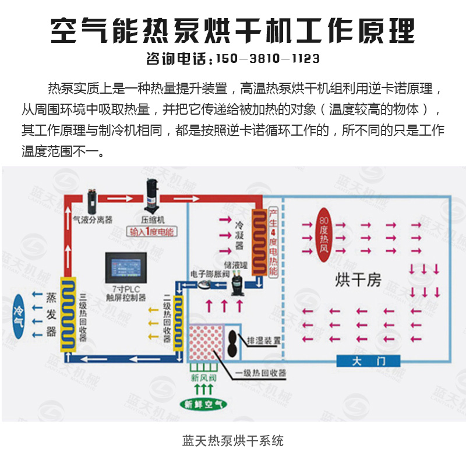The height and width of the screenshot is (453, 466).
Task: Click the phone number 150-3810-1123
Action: click(x=267, y=59)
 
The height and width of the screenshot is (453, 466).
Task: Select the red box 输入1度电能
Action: click(x=153, y=232)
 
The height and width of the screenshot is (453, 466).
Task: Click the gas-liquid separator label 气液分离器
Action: click(x=93, y=221)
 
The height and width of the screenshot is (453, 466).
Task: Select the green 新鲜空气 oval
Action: click(x=203, y=404)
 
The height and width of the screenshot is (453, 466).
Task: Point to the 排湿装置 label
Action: click(x=264, y=339)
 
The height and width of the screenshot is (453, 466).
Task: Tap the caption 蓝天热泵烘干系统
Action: click(x=232, y=440)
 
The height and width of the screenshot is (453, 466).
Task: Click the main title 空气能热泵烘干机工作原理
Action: click(x=232, y=29)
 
